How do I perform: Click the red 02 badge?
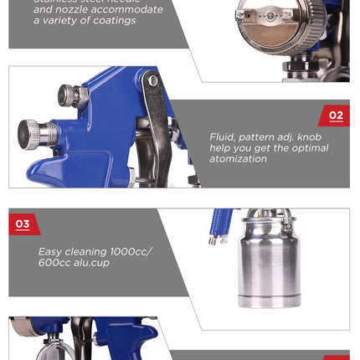334,116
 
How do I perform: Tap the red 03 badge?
24,224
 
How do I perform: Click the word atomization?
238,159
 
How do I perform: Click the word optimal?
310,148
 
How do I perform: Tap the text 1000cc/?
131,252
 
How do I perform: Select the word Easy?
50,252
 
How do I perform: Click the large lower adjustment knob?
28,135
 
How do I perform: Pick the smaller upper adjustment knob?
65,95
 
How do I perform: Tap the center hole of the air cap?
270,16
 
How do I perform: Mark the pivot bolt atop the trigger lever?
152,80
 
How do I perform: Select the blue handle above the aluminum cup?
222,220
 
